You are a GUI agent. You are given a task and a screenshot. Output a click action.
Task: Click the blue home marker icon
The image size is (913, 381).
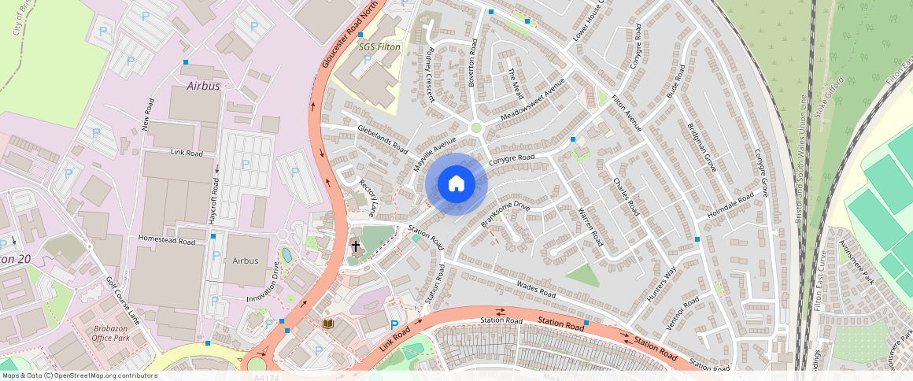tap(456, 184)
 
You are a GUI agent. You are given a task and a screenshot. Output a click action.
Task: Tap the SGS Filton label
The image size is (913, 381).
tap(379, 47)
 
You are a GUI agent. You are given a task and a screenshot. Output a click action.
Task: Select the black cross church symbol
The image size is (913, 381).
tap(355, 246)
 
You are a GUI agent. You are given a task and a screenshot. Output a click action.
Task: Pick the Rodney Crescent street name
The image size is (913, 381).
tap(430, 73)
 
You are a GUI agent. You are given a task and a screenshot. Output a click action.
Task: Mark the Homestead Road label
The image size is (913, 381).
tap(166, 240)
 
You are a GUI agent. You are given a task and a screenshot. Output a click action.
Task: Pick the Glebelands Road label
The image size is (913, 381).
tap(383, 139)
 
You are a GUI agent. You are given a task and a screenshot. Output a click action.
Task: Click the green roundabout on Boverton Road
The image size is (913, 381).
tap(475, 128)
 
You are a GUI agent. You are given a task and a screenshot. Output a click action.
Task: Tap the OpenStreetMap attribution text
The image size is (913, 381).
tap(79, 375)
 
